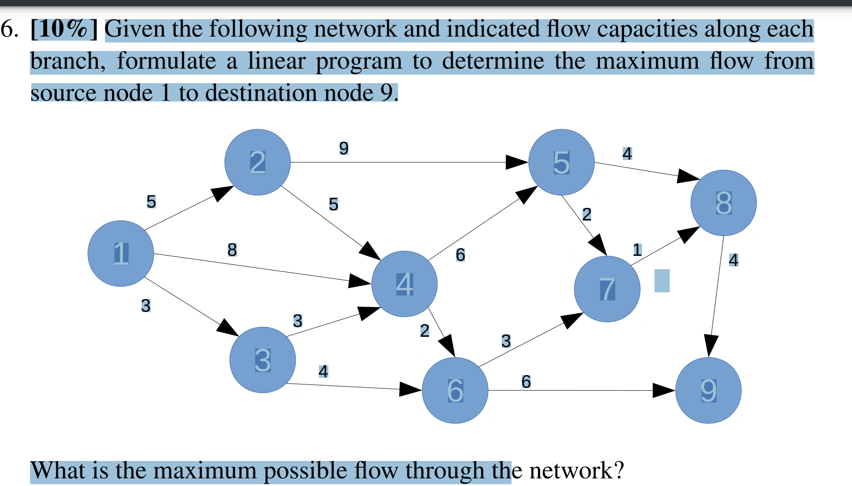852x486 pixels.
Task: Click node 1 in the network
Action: [x=121, y=254]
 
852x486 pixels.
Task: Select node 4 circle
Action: [x=404, y=284]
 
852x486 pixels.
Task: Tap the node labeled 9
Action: [x=708, y=390]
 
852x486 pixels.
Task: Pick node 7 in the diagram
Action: [x=607, y=289]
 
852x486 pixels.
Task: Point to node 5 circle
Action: [x=561, y=162]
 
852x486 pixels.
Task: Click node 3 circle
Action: [x=263, y=360]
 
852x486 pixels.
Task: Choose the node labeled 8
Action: [x=723, y=203]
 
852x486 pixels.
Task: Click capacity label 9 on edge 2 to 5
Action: [x=344, y=148]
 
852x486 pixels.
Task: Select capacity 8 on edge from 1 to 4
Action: [x=232, y=249]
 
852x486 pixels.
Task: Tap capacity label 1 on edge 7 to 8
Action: [x=637, y=249]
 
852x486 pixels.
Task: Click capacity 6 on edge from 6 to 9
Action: [x=526, y=381]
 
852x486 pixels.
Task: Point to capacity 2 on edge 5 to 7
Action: [x=587, y=214]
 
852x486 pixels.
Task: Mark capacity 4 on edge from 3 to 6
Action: [x=323, y=371]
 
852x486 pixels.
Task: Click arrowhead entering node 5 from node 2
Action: [x=517, y=162]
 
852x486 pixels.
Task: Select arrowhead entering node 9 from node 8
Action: [x=710, y=346]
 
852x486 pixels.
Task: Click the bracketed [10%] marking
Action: [x=64, y=29]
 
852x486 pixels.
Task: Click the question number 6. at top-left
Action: [x=10, y=29]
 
